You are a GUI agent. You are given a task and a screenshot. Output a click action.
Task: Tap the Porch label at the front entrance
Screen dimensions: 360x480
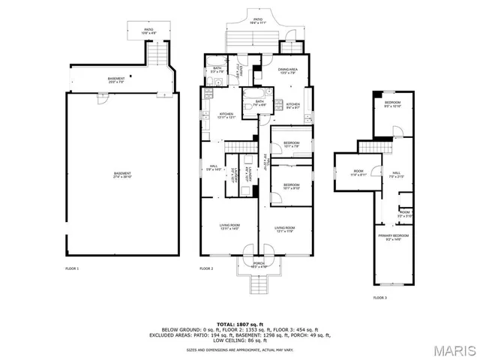click(258, 265)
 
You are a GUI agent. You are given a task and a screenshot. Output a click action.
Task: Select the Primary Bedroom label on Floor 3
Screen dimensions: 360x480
click(391, 238)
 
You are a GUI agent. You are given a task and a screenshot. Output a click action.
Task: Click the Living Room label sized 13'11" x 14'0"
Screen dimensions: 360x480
click(229, 227)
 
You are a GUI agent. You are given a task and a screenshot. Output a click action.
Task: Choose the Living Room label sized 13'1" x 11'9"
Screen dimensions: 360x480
click(285, 229)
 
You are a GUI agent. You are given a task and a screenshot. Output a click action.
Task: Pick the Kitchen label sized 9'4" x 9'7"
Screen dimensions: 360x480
click(292, 106)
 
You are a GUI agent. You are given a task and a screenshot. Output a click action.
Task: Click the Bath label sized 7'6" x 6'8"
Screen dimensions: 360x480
click(259, 103)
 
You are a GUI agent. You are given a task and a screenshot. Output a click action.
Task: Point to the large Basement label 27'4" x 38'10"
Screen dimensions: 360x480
click(122, 175)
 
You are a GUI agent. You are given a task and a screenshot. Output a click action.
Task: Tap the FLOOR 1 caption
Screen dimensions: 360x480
click(72, 268)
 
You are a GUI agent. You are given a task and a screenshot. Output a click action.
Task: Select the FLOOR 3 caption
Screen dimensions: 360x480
click(380, 298)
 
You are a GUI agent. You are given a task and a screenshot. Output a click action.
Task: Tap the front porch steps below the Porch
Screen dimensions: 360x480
click(258, 283)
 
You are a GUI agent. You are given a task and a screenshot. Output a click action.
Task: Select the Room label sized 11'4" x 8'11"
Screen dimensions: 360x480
click(358, 172)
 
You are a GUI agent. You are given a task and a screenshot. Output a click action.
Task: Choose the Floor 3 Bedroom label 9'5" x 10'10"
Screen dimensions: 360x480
click(393, 104)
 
